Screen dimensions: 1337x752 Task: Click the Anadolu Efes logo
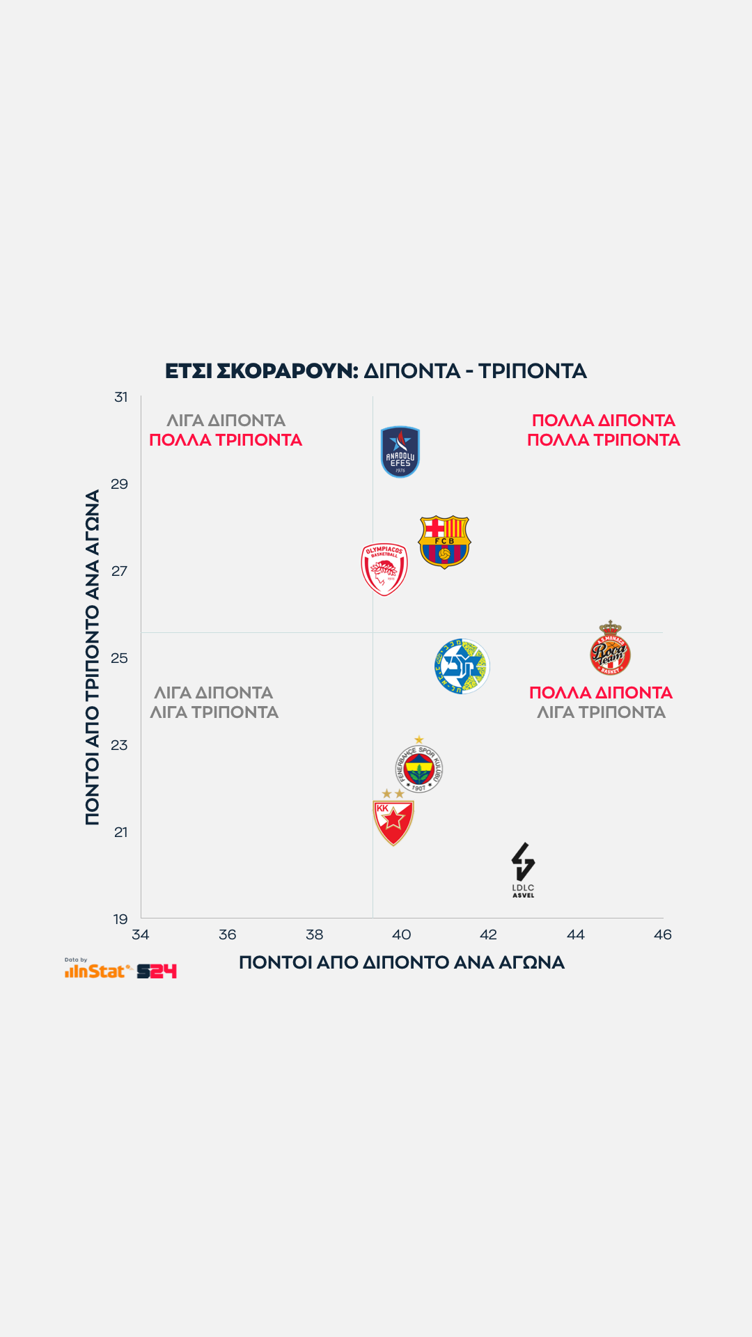[x=400, y=452]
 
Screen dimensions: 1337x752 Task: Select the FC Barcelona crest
[x=444, y=542]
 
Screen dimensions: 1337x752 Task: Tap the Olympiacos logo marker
[x=384, y=569]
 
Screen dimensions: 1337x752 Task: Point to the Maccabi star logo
[x=462, y=666]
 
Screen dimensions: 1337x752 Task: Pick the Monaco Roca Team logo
[x=610, y=649]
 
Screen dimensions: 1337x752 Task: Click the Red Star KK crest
[x=393, y=820]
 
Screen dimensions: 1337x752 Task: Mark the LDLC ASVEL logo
[x=523, y=869]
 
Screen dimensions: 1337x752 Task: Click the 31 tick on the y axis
[x=121, y=397]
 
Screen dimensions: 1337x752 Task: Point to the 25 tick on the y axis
[x=120, y=658]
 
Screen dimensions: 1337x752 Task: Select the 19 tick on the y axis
[x=120, y=919]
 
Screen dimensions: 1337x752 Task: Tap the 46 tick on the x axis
[x=663, y=935]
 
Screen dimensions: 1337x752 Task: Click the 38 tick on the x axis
[x=315, y=935]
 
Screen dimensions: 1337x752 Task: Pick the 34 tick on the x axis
[x=141, y=935]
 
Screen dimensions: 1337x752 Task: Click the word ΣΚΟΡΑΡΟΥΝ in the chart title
[x=287, y=371]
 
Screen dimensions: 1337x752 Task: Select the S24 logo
[x=157, y=971]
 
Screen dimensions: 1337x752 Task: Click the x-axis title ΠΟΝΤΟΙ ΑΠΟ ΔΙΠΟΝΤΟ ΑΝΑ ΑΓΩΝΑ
[x=402, y=962]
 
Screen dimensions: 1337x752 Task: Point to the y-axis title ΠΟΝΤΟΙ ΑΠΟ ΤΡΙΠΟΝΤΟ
[x=93, y=657]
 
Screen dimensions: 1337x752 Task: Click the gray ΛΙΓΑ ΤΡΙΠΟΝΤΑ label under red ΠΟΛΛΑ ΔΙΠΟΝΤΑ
[x=601, y=712]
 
